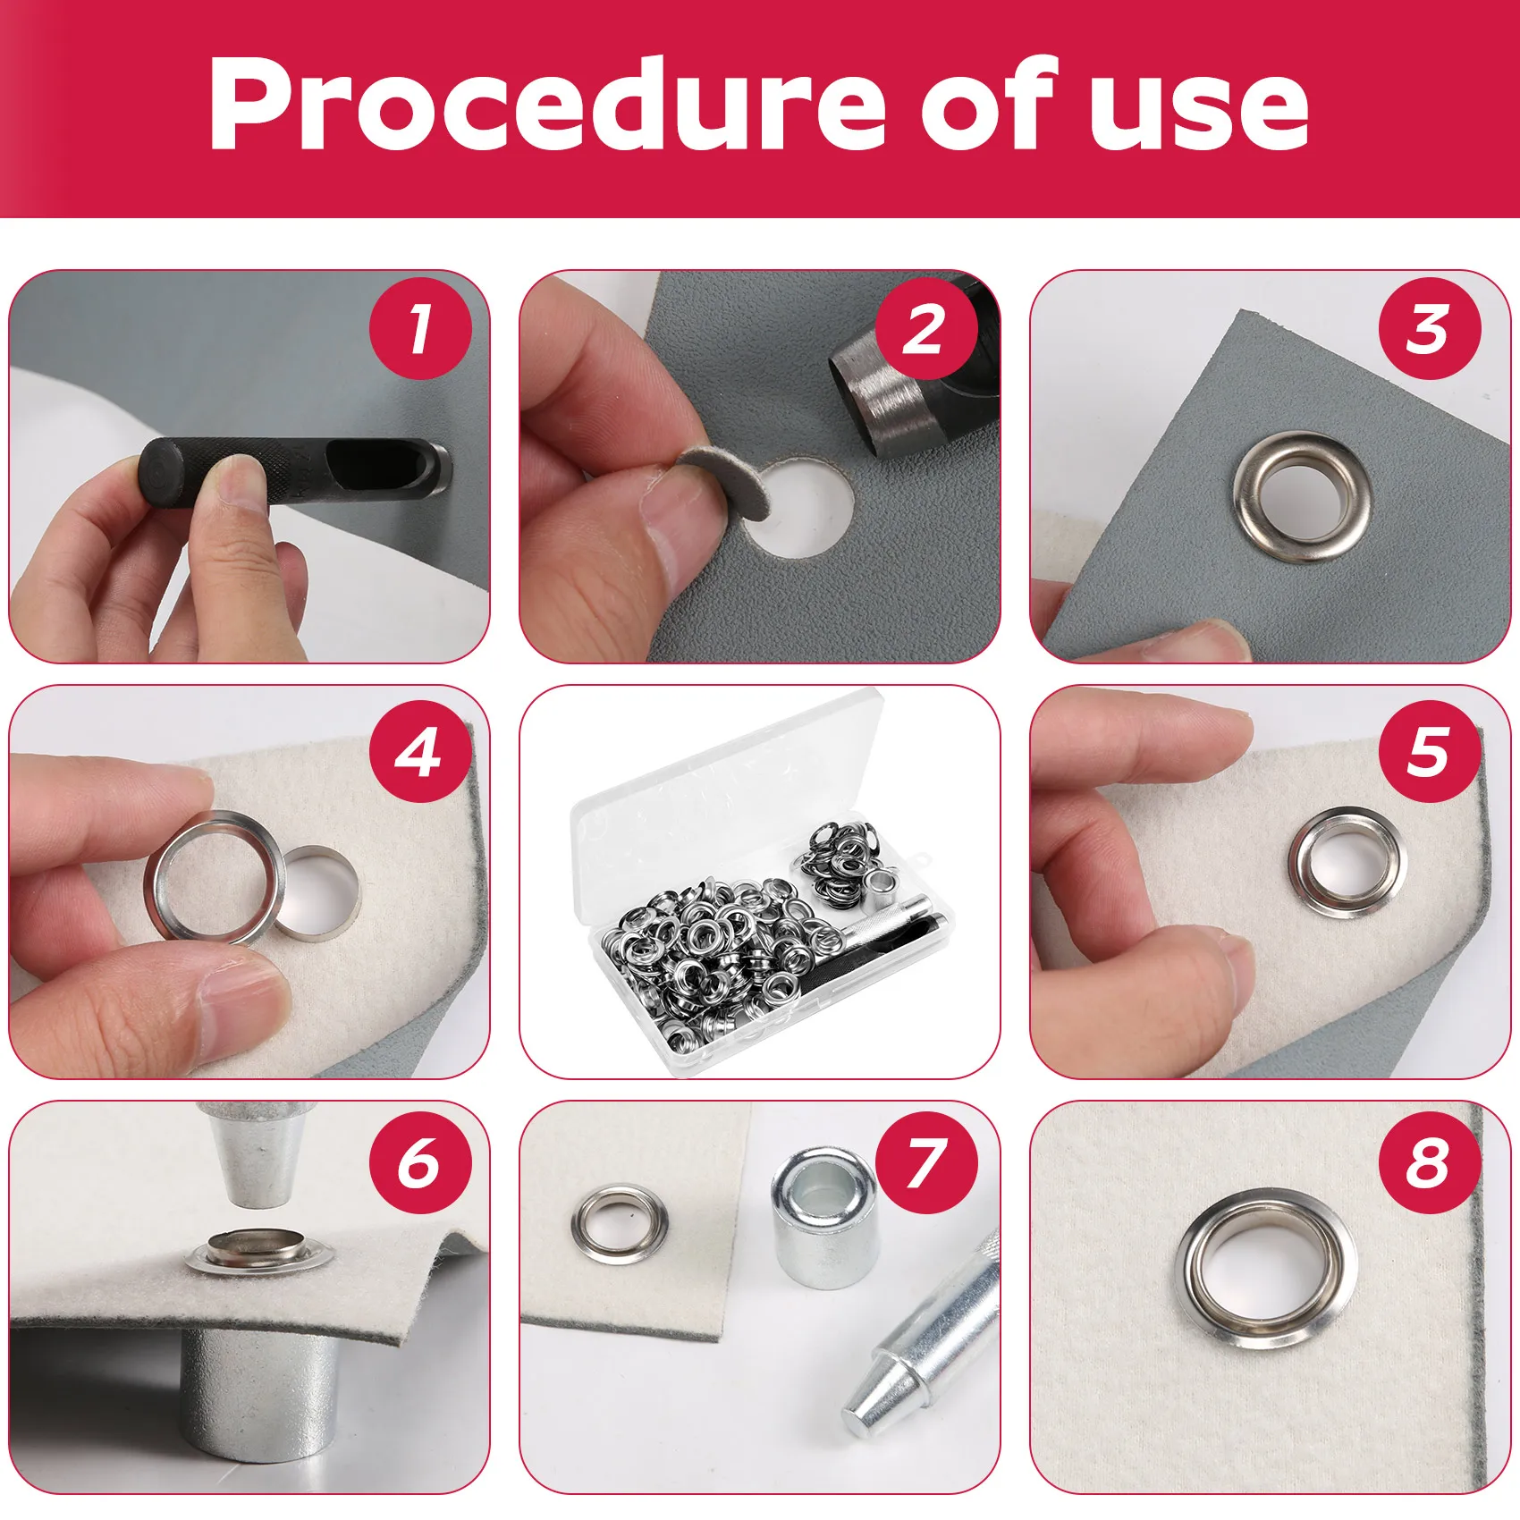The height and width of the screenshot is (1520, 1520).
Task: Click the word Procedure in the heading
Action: (545, 106)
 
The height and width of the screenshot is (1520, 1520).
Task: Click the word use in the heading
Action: (1198, 106)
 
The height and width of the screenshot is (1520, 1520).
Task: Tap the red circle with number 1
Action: (420, 329)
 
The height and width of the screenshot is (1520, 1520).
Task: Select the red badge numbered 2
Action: (925, 329)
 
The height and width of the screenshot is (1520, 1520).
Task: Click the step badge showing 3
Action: (1429, 329)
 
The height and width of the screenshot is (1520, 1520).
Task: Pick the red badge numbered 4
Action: (420, 751)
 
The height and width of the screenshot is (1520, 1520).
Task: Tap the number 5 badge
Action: (1429, 751)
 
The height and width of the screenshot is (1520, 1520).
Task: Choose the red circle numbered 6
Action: (420, 1162)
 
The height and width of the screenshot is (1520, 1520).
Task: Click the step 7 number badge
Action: (925, 1162)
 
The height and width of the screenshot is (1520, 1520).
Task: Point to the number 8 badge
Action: (1429, 1162)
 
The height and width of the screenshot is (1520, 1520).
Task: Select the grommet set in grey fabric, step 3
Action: (1302, 496)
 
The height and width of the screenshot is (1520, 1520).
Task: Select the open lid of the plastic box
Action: (724, 778)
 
